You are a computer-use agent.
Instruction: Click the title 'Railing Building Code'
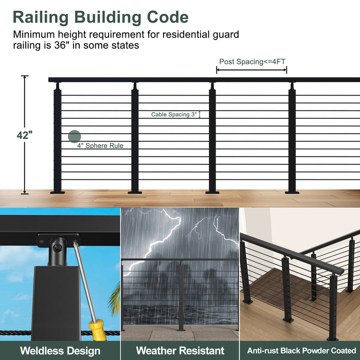pos(100,17)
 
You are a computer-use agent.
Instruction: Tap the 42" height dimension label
pos(24,135)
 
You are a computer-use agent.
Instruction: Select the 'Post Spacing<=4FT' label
pos(252,62)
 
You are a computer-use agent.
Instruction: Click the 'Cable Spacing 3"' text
pos(174,115)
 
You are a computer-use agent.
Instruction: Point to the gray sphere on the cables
pos(75,136)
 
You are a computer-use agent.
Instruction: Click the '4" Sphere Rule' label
pos(100,146)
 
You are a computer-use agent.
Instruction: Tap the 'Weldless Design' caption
pos(60,351)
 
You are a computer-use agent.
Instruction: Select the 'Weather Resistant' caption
pos(180,351)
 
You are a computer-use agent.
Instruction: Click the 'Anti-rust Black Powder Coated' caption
pos(301,351)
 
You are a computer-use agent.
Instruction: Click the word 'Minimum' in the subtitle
pos(32,34)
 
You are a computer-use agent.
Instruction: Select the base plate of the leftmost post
pos(58,192)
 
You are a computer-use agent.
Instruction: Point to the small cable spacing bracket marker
pos(200,115)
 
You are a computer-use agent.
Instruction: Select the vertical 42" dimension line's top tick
pos(25,76)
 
